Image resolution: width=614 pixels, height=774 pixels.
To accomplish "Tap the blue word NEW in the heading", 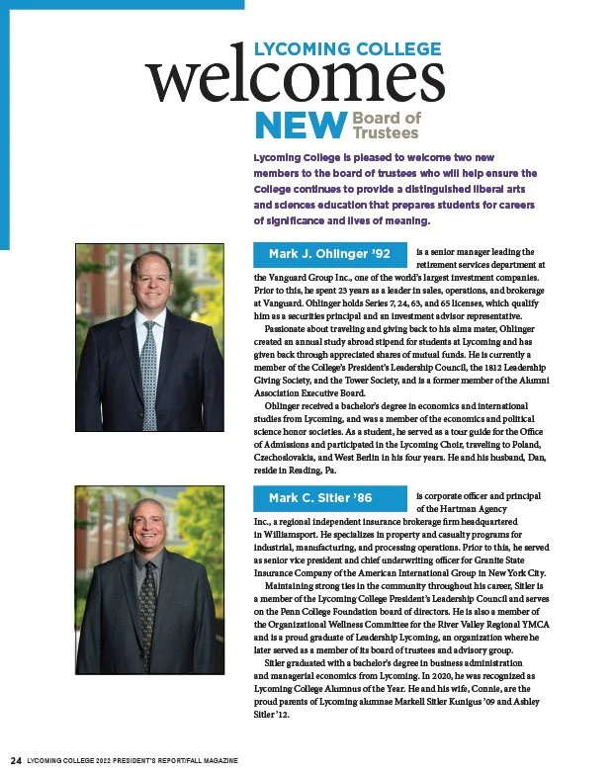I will coord(298,127).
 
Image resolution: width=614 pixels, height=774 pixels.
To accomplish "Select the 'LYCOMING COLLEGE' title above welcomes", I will coord(348,48).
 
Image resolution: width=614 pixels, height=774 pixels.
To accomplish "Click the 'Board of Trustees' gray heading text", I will coord(387,126).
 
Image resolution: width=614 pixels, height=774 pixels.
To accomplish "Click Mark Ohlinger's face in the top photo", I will coord(150,279).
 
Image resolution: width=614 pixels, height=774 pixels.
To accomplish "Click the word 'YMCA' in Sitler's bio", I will coord(548,622).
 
